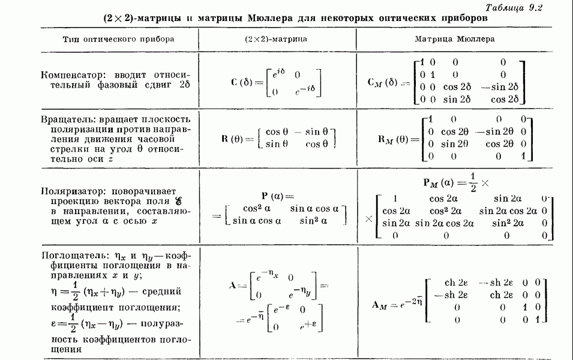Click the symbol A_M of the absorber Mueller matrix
pos(382,304)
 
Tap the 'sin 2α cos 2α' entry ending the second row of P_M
pos(508,211)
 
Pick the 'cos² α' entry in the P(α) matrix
pos(259,208)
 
